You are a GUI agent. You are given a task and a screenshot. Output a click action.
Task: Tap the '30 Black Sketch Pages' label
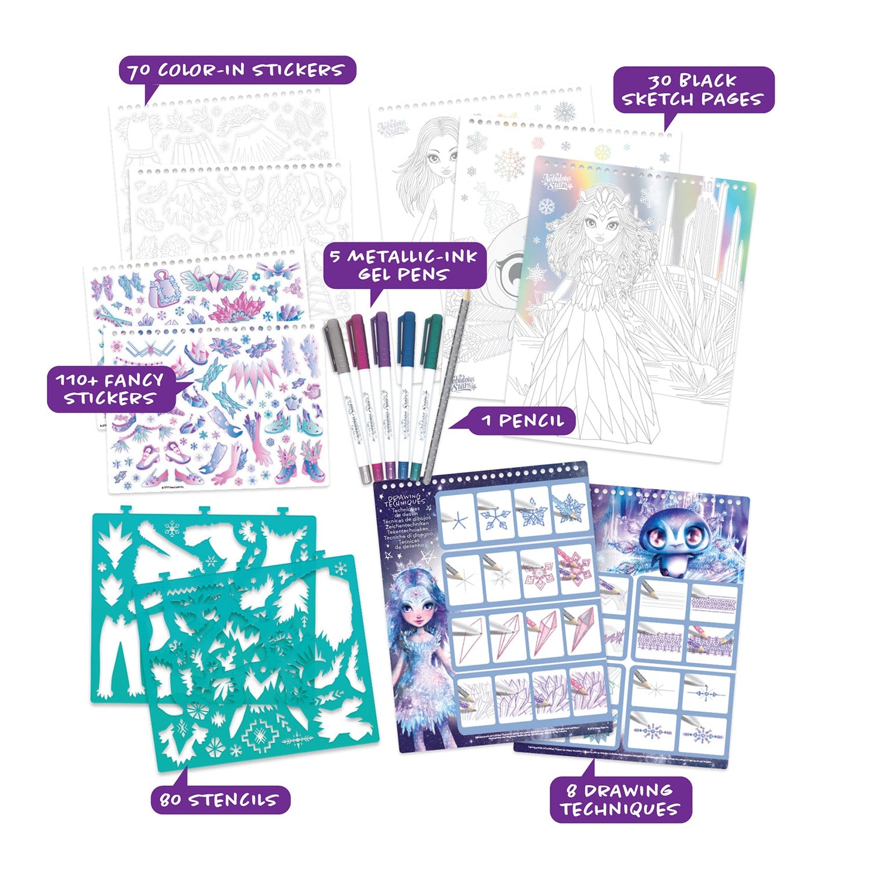693,90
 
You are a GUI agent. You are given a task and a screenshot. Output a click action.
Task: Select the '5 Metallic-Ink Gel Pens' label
404,266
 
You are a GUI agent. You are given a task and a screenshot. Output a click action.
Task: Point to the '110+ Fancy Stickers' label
110,389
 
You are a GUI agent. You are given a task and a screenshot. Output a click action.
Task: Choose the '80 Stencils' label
220,800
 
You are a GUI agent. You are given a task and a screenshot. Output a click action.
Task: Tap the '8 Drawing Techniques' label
620,800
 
